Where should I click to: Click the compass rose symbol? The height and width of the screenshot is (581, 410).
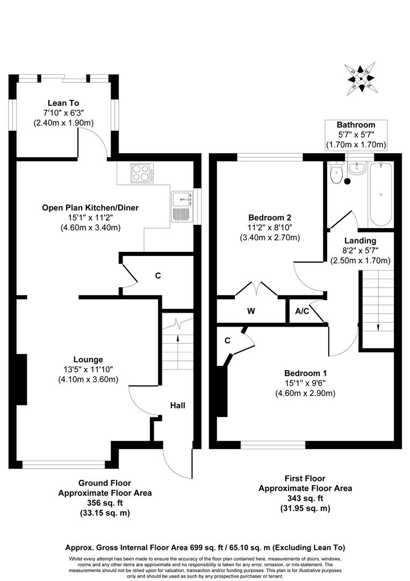pos(362,79)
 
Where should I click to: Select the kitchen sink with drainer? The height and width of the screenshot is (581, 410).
pos(182,207)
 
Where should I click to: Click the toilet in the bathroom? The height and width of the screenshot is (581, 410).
pos(337,173)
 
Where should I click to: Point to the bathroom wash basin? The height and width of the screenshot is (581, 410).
pos(356,169)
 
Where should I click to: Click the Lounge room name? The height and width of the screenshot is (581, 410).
pos(88,359)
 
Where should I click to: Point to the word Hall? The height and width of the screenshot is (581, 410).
pos(178,405)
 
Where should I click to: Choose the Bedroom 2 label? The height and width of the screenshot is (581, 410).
pos(270,218)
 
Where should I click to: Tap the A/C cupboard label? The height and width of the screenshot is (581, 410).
pos(301,311)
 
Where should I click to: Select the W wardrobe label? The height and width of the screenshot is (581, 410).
pos(251,311)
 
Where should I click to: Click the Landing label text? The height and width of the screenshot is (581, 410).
pos(361,240)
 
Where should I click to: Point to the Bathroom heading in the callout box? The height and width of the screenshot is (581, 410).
pos(356,125)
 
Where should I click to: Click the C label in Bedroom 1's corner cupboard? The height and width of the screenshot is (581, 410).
pos(228,340)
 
